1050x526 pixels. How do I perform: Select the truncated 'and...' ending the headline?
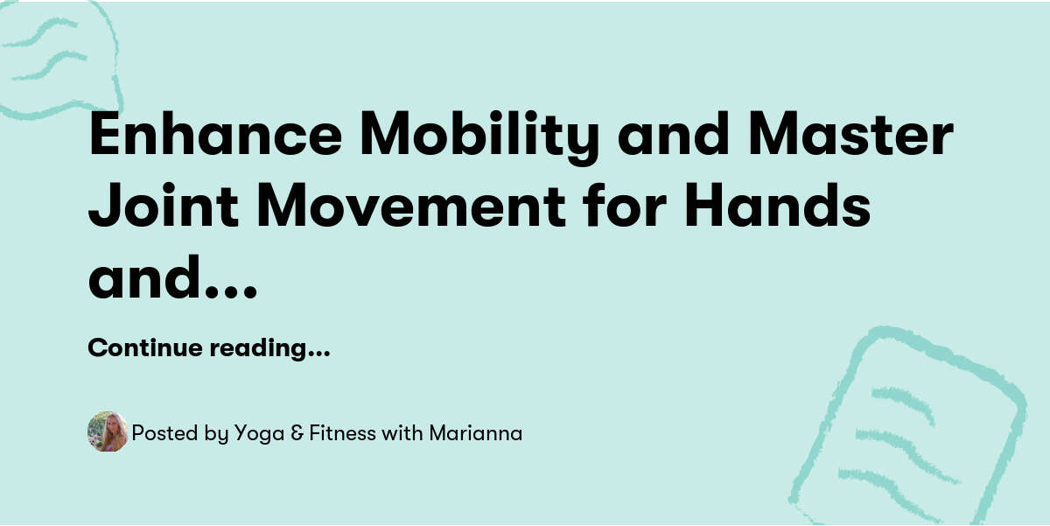172,277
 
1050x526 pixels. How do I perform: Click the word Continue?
146,348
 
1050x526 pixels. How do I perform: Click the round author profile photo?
108,432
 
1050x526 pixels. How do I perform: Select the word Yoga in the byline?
257,433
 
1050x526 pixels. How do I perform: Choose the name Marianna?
475,433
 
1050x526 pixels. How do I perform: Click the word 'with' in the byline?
402,433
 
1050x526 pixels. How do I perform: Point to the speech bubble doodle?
57,57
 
